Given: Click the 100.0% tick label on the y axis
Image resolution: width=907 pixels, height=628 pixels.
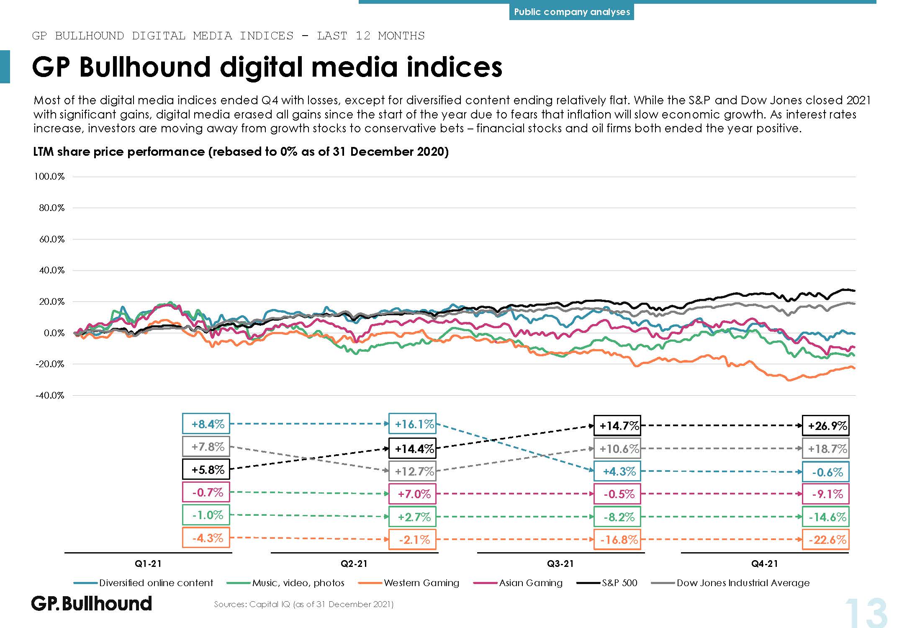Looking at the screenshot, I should tap(49, 177).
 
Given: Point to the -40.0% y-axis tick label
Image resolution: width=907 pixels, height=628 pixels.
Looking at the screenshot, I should tap(49, 396).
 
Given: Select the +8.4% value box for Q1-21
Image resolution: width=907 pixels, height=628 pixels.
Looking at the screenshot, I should tap(206, 424).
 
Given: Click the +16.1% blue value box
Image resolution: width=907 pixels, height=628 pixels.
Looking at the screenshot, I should tap(412, 424).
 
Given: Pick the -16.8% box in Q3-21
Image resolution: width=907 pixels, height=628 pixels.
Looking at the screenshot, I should tap(617, 539).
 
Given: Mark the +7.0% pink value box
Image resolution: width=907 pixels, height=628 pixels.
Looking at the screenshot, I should tap(412, 494).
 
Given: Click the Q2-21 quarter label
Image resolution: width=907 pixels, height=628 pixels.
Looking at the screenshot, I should tap(354, 564).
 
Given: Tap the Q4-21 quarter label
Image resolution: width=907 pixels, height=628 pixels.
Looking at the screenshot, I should tap(765, 564).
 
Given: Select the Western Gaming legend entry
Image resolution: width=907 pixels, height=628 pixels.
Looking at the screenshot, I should tap(421, 583).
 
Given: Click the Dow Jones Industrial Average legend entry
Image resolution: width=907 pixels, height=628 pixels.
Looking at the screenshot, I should tap(743, 583).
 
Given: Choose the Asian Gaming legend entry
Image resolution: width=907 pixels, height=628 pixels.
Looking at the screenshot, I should tap(530, 583).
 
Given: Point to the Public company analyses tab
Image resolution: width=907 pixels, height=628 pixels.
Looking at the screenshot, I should tap(572, 12).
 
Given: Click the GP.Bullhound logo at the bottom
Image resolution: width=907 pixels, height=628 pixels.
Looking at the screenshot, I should tap(92, 604).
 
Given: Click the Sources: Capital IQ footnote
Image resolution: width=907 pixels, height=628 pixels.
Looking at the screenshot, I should tap(303, 604).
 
